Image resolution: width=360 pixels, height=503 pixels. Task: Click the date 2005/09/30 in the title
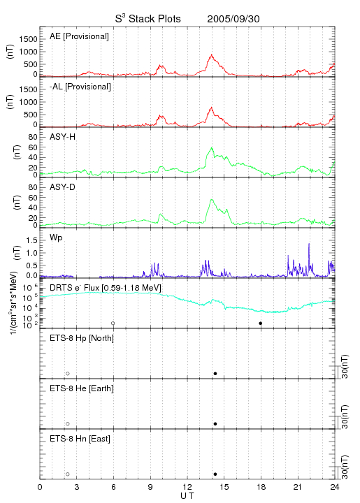point(233,19)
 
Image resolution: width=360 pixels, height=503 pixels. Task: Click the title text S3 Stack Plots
point(148,19)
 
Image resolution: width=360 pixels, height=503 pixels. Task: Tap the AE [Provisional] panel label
point(79,36)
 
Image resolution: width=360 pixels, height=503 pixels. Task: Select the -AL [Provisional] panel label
point(80,87)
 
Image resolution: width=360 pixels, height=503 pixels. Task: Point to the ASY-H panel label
point(63,137)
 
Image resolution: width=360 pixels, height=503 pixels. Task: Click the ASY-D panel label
point(63,187)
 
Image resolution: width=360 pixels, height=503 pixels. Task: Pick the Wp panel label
point(56,238)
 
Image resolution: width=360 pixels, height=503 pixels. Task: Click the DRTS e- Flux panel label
point(106,288)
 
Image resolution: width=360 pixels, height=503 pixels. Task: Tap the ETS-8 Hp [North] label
point(82,338)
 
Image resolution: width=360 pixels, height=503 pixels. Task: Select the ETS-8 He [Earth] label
point(82,388)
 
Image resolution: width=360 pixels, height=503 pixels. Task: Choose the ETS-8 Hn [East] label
point(80,439)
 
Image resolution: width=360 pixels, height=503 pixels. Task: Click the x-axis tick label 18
point(261,487)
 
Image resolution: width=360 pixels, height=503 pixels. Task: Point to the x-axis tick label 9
point(150,487)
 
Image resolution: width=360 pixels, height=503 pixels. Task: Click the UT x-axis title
point(187,496)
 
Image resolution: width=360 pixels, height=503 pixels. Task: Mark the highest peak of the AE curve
point(212,55)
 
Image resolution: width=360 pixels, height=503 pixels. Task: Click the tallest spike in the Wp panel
point(309,244)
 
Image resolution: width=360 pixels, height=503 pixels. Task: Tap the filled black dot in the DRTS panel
point(261,323)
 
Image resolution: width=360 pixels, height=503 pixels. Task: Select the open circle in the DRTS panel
point(113,323)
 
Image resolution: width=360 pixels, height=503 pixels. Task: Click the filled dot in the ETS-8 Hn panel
point(215,474)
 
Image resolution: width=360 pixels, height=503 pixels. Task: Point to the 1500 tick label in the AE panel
point(28,39)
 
